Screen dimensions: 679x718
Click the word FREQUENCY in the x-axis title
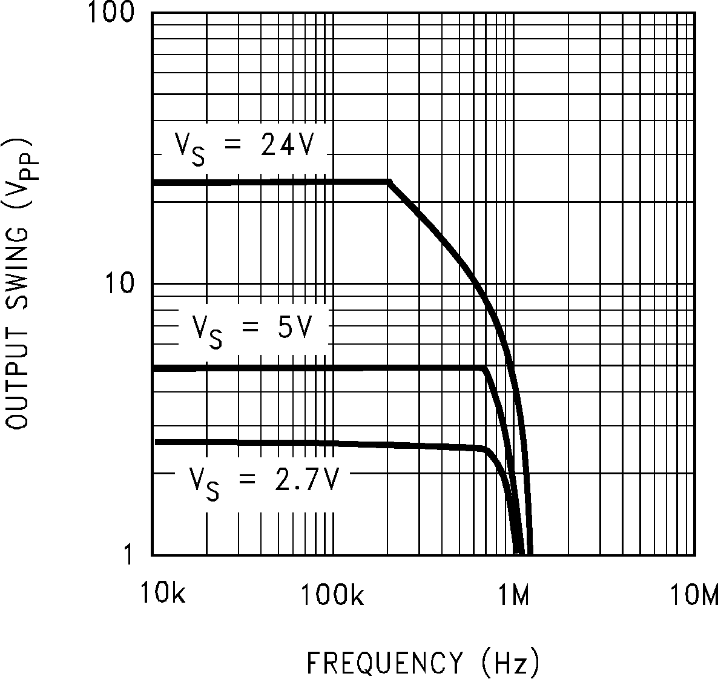point(384,663)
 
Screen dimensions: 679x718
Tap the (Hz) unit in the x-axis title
point(511,663)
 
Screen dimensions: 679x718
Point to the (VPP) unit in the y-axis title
point(21,164)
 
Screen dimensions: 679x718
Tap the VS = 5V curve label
point(252,330)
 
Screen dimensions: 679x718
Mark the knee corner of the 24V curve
point(389,182)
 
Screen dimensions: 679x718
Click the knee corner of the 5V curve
point(484,368)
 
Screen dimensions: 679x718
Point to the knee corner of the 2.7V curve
point(484,448)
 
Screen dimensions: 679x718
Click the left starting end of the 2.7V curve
point(157,442)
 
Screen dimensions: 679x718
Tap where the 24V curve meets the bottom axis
point(530,552)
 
